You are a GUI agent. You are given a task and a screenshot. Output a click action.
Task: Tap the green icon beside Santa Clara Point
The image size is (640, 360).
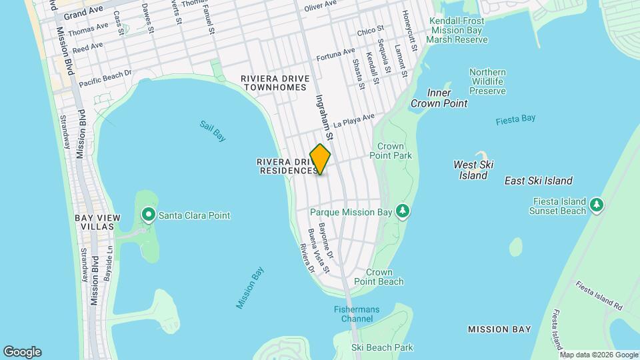[x=148, y=215]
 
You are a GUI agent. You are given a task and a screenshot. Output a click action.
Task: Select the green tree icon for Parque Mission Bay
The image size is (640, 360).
[x=402, y=212]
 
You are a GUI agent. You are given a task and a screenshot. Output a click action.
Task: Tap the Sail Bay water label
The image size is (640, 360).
[x=213, y=131]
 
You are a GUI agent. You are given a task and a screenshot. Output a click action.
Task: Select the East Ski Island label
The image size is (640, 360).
[x=538, y=181]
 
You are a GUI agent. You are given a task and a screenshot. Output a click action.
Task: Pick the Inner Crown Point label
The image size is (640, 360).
[x=439, y=98]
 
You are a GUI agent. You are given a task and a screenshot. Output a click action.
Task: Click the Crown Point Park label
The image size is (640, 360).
[x=395, y=151]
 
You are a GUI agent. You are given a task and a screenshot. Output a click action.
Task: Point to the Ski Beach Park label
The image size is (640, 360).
[x=382, y=347]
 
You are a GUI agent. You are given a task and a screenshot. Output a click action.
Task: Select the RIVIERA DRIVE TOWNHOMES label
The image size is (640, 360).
[x=275, y=83]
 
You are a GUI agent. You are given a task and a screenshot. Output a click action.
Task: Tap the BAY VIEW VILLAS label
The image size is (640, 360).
[x=99, y=223]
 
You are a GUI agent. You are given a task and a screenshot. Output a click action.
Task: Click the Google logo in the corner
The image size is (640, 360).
[x=22, y=351]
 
